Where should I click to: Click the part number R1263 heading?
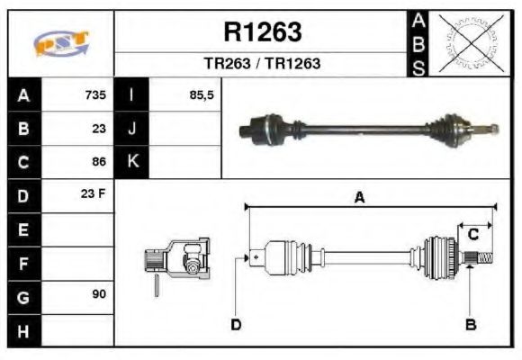click(x=262, y=33)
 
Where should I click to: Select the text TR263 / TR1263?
click(x=262, y=65)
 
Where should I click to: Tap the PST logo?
click(x=61, y=43)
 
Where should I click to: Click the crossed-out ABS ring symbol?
click(x=471, y=43)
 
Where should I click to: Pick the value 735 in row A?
click(x=95, y=95)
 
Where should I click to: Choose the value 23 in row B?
click(x=99, y=129)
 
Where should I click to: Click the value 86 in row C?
click(x=99, y=162)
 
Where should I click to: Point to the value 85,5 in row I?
click(x=202, y=95)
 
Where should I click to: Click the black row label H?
click(x=24, y=330)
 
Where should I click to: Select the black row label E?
click(x=24, y=229)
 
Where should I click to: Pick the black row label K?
click(x=132, y=162)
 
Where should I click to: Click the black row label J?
click(x=132, y=129)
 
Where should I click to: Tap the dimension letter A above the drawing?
click(x=358, y=199)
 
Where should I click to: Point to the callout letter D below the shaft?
click(x=236, y=324)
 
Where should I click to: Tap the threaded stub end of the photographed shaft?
click(x=491, y=128)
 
